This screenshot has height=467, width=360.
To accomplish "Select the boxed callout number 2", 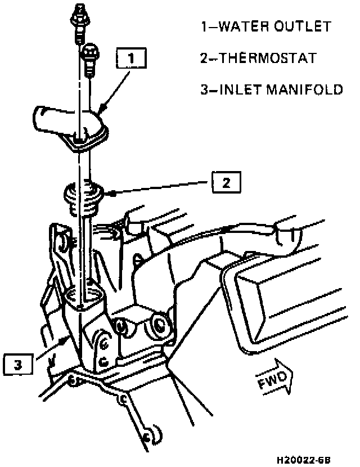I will pos(226,182).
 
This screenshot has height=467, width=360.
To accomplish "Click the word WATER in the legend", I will pos(239,26).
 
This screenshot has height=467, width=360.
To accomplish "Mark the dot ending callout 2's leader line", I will pos(115,193).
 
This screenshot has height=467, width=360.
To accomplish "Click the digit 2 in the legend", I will pos(204,58).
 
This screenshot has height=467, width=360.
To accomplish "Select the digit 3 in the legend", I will pos(204,89).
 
